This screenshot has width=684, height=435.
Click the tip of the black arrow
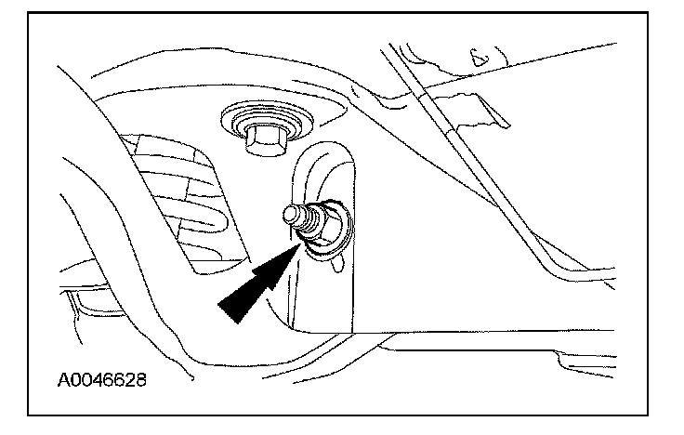tap(298, 241)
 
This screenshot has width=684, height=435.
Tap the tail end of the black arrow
tap(226, 314)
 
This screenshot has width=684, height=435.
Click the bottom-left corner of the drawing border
tap(30, 414)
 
